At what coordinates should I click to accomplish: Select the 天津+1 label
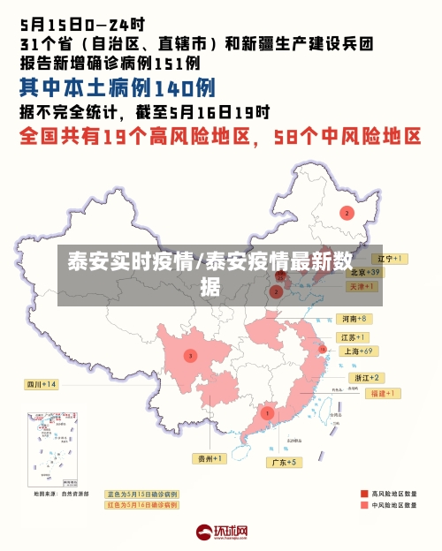pyautogui.click(x=362, y=286)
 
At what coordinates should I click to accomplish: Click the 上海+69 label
pyautogui.click(x=358, y=351)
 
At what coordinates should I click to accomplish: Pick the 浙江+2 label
pyautogui.click(x=369, y=377)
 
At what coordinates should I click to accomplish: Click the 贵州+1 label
pyautogui.click(x=210, y=458)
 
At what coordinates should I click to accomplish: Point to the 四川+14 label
pyautogui.click(x=41, y=384)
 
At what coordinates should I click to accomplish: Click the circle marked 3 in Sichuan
pyautogui.click(x=190, y=356)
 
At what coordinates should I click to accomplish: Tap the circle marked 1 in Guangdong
pyautogui.click(x=267, y=412)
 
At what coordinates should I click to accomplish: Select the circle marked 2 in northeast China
pyautogui.click(x=347, y=213)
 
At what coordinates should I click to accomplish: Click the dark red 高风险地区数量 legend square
pyautogui.click(x=364, y=494)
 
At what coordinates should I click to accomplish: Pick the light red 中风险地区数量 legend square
pyautogui.click(x=364, y=506)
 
